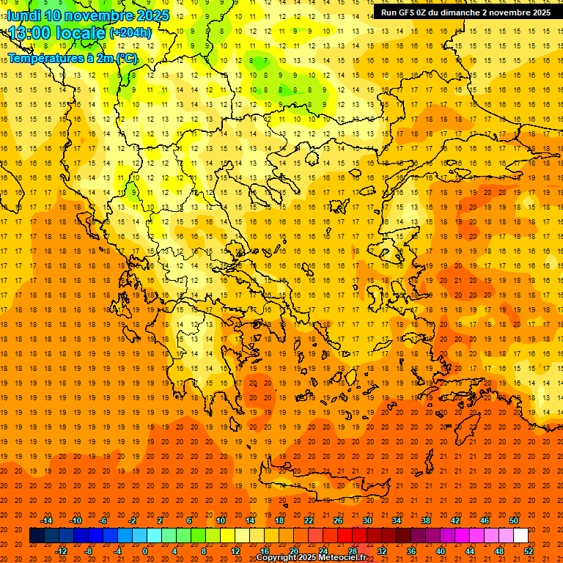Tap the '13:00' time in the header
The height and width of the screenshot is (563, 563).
tap(32, 33)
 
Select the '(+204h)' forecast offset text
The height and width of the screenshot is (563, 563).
tap(130, 33)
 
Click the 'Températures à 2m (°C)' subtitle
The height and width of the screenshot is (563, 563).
tap(72, 58)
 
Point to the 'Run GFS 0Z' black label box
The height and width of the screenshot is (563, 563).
tap(466, 12)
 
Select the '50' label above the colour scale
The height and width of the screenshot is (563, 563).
tap(514, 520)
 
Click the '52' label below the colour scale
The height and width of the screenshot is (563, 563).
tap(529, 551)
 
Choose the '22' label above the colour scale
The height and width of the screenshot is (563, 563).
tap(309, 520)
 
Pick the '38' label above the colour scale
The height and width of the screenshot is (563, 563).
tap(426, 520)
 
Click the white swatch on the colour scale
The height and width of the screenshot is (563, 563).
tap(521, 536)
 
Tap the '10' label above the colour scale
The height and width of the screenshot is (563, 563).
tap(221, 520)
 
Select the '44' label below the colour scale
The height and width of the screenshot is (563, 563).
tap(470, 551)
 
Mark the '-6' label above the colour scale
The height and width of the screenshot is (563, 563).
tap(104, 520)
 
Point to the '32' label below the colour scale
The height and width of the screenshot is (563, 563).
tap(382, 551)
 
